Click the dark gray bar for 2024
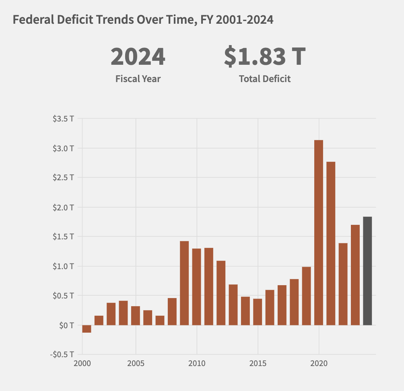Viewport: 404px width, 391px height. tap(367, 271)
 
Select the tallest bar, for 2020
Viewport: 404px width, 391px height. tap(318, 233)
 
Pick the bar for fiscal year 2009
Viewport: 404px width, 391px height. tap(184, 283)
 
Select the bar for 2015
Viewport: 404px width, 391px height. tap(258, 312)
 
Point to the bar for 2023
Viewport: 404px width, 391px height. tap(355, 275)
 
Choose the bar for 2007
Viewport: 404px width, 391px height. tap(160, 320)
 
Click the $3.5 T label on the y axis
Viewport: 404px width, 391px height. tap(63, 119)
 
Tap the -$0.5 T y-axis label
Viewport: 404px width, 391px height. tap(62, 354)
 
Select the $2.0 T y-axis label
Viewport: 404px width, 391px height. tap(63, 207)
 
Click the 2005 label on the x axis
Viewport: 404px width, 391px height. tap(136, 363)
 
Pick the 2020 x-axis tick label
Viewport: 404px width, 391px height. tap(319, 363)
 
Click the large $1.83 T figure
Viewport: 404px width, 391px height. tap(264, 57)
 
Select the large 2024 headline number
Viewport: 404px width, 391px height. tap(138, 57)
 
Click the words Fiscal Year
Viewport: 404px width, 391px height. tap(138, 79)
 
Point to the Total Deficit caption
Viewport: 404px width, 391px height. tap(264, 79)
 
